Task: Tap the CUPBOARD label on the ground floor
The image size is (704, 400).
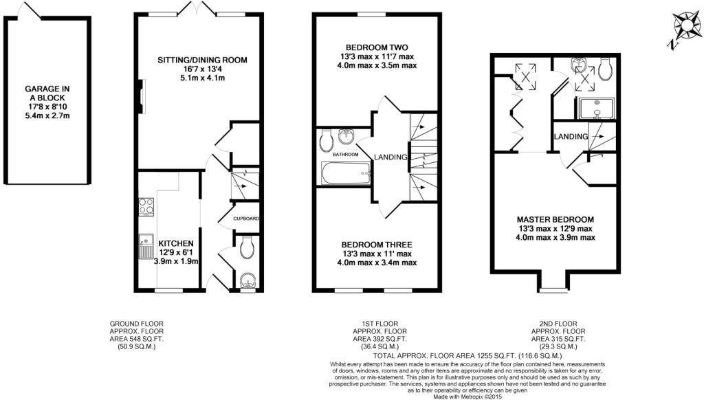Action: (x=246, y=219)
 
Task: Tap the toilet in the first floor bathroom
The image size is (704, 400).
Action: (x=326, y=141)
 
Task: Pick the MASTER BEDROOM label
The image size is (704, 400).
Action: (x=557, y=219)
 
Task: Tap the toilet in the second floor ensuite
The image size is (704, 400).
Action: (x=606, y=67)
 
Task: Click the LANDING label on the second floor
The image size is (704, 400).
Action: (x=571, y=137)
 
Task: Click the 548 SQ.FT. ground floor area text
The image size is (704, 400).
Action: (x=137, y=339)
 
